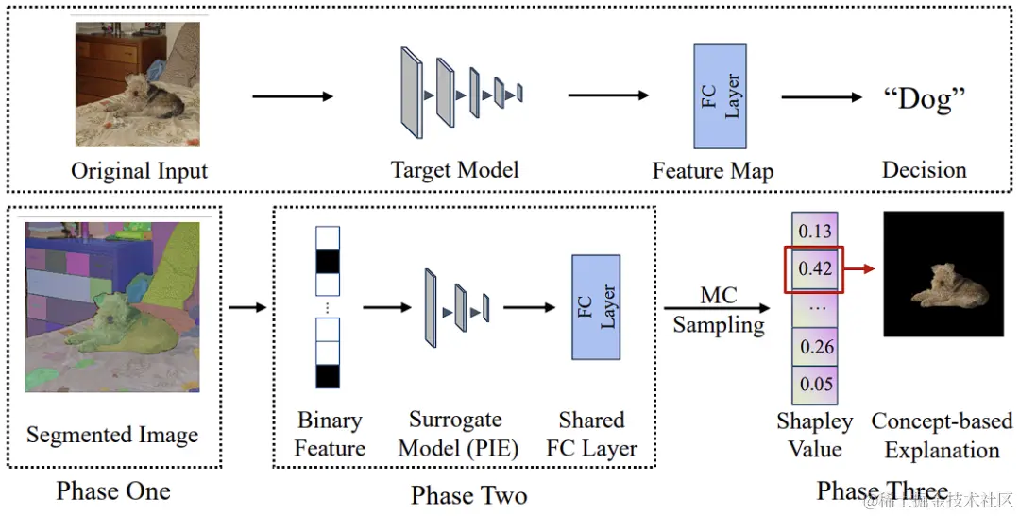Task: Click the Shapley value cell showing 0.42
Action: [x=815, y=268]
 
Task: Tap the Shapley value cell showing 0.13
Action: [x=815, y=231]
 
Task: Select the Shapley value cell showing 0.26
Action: [x=815, y=346]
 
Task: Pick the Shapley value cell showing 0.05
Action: [x=815, y=384]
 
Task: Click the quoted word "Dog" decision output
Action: [x=924, y=99]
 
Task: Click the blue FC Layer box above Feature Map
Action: [x=720, y=96]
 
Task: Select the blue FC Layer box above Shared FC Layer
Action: [x=596, y=307]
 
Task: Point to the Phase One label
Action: [x=114, y=490]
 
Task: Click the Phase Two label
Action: [x=468, y=495]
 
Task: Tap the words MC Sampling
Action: [x=718, y=310]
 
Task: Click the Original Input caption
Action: [x=139, y=170]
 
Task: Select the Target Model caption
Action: [x=454, y=170]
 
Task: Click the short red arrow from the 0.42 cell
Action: [x=858, y=268]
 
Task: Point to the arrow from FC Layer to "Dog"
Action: [x=822, y=97]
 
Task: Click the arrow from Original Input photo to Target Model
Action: [x=293, y=96]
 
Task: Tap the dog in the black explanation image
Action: [x=950, y=285]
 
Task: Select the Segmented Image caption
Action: [x=112, y=435]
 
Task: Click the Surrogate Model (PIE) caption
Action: [x=458, y=434]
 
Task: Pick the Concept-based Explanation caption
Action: [x=942, y=435]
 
